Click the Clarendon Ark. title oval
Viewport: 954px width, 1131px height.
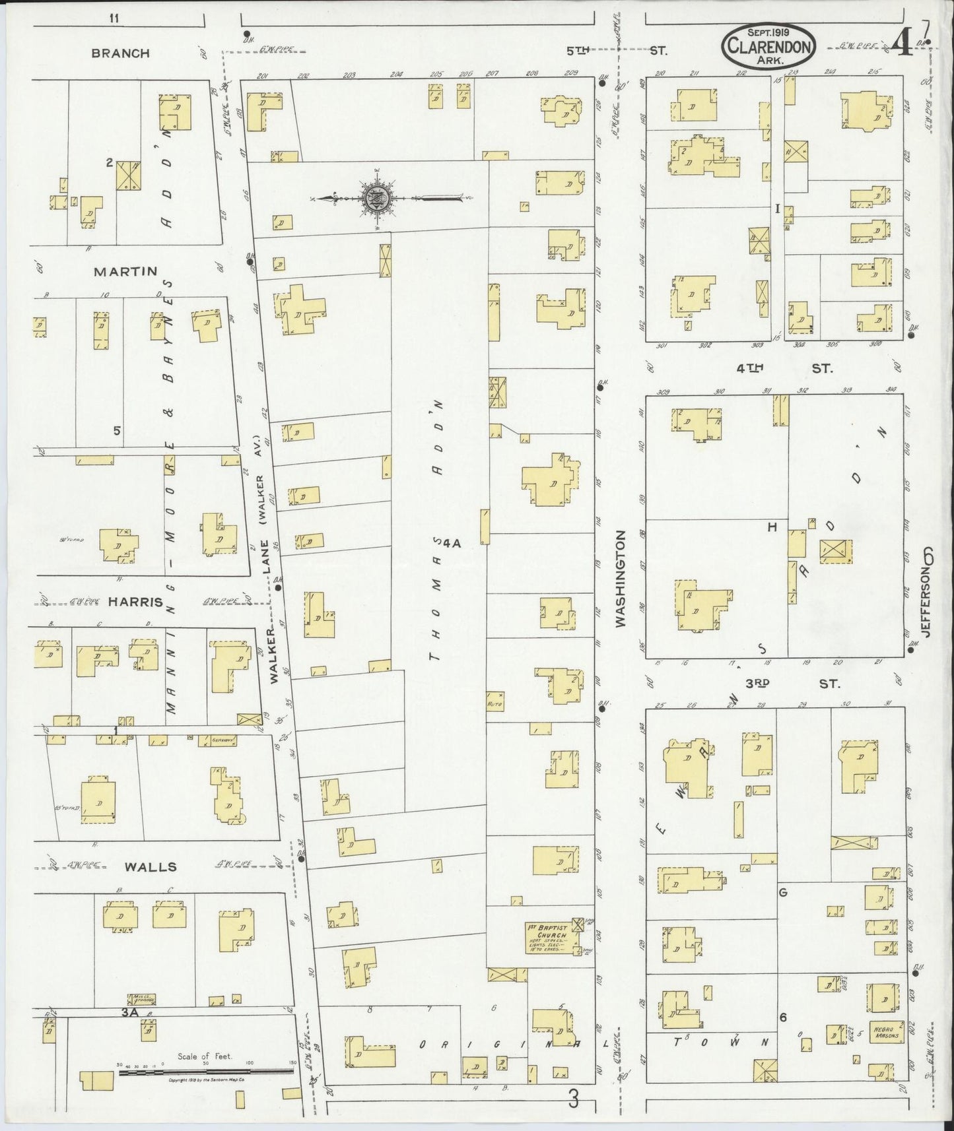click(770, 45)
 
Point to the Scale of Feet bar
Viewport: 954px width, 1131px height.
click(205, 1073)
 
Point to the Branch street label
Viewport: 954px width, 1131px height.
click(120, 53)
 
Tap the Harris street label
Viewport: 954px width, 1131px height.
click(135, 602)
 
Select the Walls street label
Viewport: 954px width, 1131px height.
click(153, 866)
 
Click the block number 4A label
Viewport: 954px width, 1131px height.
click(451, 543)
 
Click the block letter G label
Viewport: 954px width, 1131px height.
click(783, 893)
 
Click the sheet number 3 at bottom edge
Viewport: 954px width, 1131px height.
click(574, 1099)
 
